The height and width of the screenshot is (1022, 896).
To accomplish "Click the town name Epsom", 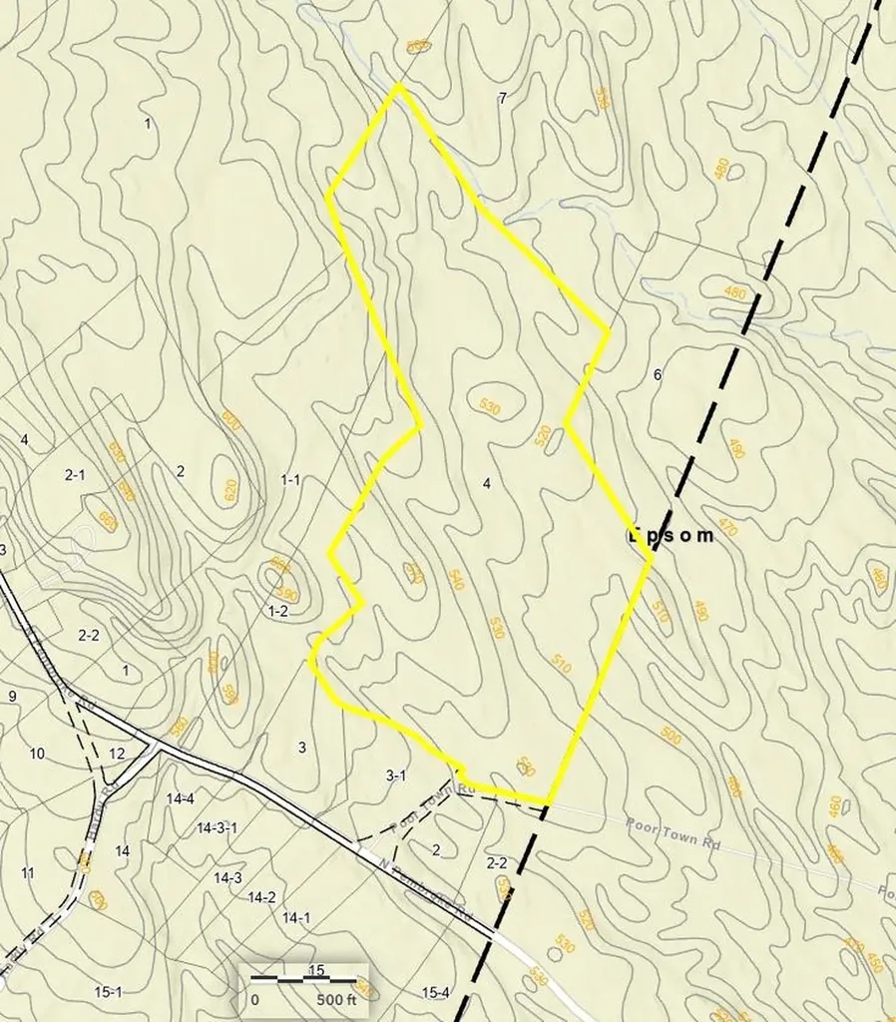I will [672, 535].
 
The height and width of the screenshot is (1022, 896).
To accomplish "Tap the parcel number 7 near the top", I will [502, 97].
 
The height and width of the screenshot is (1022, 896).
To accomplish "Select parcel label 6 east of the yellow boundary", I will [657, 375].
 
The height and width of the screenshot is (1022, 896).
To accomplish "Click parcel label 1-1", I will [290, 480].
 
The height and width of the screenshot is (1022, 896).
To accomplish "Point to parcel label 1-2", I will [277, 610].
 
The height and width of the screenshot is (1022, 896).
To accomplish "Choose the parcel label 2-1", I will [75, 475].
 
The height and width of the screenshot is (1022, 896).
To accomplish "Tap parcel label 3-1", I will [396, 775].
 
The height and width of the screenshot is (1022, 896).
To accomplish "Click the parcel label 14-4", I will [181, 797].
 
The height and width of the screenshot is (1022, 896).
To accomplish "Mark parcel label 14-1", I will [296, 917].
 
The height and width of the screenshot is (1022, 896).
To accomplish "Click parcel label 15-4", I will [435, 992].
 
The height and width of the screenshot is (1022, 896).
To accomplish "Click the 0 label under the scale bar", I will [254, 999].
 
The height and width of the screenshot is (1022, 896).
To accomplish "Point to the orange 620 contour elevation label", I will [229, 490].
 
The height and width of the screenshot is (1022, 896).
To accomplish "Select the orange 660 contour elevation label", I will [107, 519].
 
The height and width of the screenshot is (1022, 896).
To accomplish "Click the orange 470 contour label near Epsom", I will [726, 527].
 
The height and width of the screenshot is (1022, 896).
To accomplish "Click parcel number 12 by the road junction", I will [117, 754].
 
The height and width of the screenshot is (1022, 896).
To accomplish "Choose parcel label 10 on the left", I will [37, 754].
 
